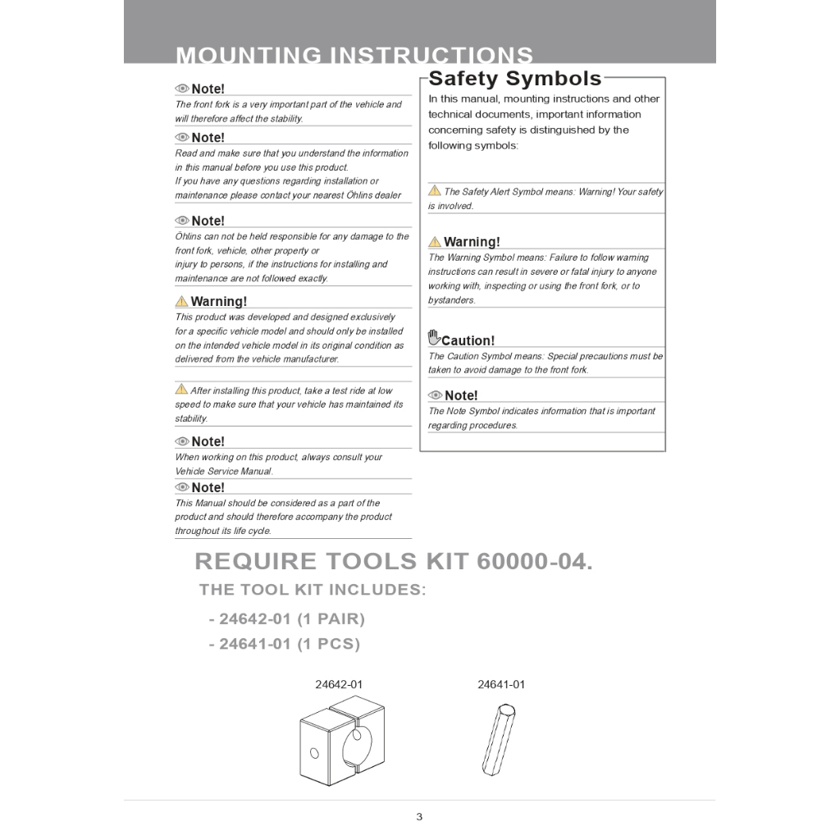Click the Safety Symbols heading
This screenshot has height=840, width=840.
tap(515, 79)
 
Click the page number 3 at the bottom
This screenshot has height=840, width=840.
tap(419, 816)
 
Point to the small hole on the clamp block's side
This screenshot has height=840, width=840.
tap(313, 752)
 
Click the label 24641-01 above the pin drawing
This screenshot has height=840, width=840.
tap(501, 684)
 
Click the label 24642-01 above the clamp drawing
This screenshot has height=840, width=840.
tap(339, 684)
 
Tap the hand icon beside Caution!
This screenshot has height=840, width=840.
tap(434, 338)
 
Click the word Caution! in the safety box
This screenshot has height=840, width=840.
tap(468, 341)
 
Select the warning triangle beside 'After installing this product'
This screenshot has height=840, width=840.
tap(181, 389)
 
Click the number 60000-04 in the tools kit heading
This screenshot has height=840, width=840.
tap(530, 562)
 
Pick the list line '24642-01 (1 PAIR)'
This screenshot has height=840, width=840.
tap(287, 619)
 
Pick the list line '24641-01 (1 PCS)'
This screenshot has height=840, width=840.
tap(285, 644)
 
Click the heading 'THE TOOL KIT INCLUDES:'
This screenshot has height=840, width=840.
tap(313, 590)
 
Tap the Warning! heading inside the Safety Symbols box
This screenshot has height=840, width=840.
tap(472, 242)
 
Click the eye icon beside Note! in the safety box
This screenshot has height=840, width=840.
tap(435, 395)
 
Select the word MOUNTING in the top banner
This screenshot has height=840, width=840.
tap(249, 56)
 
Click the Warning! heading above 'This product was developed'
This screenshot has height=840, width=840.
tap(218, 302)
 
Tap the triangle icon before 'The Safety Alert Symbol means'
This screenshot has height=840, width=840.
tap(435, 191)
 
